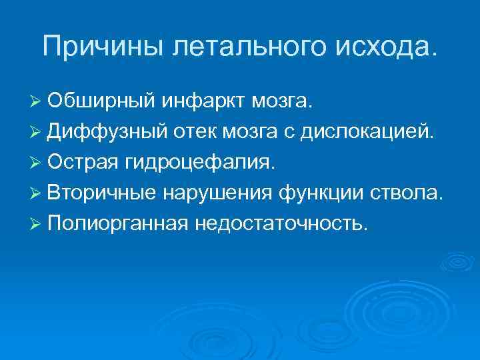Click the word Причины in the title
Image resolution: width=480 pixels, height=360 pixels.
[x=98, y=46]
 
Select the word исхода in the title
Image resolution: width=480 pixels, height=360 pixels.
[x=376, y=46]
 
